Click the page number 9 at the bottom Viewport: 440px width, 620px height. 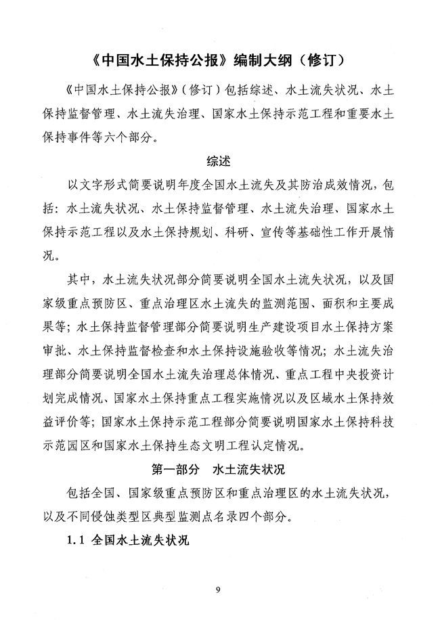point(219,591)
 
